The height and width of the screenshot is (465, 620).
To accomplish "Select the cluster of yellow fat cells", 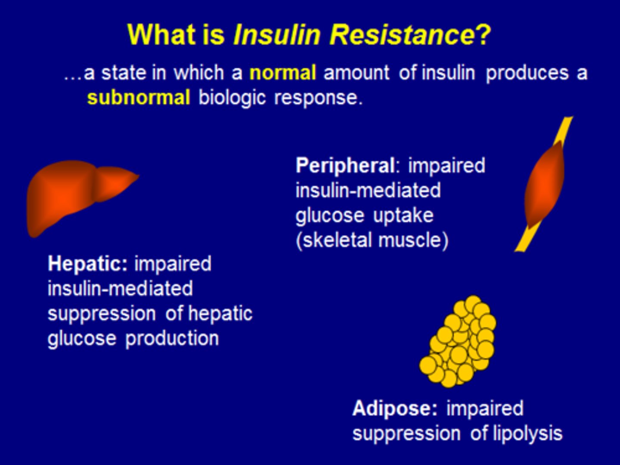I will click(x=459, y=342).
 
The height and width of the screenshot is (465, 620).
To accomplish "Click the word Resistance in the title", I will click(x=403, y=34).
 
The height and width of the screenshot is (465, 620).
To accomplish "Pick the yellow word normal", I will click(x=283, y=73).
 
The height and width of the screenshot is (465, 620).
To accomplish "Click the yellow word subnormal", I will click(x=138, y=98).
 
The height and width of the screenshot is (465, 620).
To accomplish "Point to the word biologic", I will click(x=232, y=98).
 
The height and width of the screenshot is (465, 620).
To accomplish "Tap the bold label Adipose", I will click(x=395, y=409).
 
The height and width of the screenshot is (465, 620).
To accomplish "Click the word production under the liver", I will click(x=172, y=339).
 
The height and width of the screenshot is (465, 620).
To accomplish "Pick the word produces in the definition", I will click(x=527, y=73).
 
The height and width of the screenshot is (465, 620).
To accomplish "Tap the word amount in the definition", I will click(x=356, y=73).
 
